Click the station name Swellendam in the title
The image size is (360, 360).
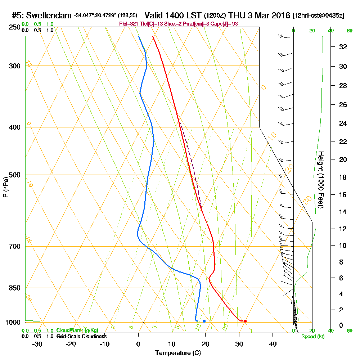49,15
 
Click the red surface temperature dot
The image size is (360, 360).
245,321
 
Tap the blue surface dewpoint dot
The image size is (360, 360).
204,321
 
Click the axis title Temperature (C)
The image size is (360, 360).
178,353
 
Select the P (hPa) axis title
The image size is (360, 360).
6,187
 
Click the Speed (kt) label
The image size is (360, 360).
312,337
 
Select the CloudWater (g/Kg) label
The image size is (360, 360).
77,330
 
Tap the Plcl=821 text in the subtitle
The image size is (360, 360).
128,24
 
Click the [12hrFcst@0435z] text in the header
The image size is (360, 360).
319,16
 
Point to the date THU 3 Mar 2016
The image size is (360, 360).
259,15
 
